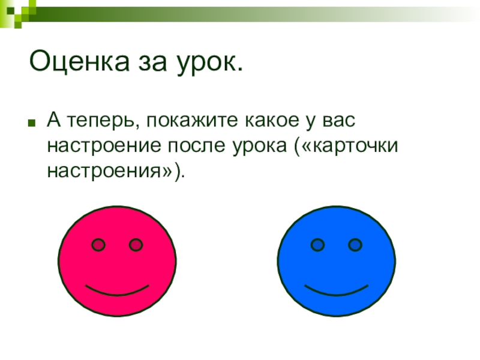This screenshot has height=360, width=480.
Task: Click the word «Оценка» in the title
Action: click(79, 61)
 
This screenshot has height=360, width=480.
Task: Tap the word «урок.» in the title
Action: click(209, 64)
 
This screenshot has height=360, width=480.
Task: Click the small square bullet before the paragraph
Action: click(31, 123)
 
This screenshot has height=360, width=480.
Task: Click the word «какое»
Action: click(272, 120)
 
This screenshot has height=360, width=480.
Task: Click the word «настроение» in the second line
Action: click(104, 146)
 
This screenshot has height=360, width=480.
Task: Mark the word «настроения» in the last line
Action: click(104, 171)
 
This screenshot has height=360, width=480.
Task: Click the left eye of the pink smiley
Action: click(98, 245)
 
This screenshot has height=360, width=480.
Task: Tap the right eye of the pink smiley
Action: click(136, 245)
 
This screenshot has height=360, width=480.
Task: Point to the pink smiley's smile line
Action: click(117, 293)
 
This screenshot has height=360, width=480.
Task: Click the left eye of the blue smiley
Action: click(318, 245)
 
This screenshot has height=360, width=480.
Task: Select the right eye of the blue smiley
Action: click(355, 245)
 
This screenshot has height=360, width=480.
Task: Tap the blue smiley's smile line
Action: click(336, 293)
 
